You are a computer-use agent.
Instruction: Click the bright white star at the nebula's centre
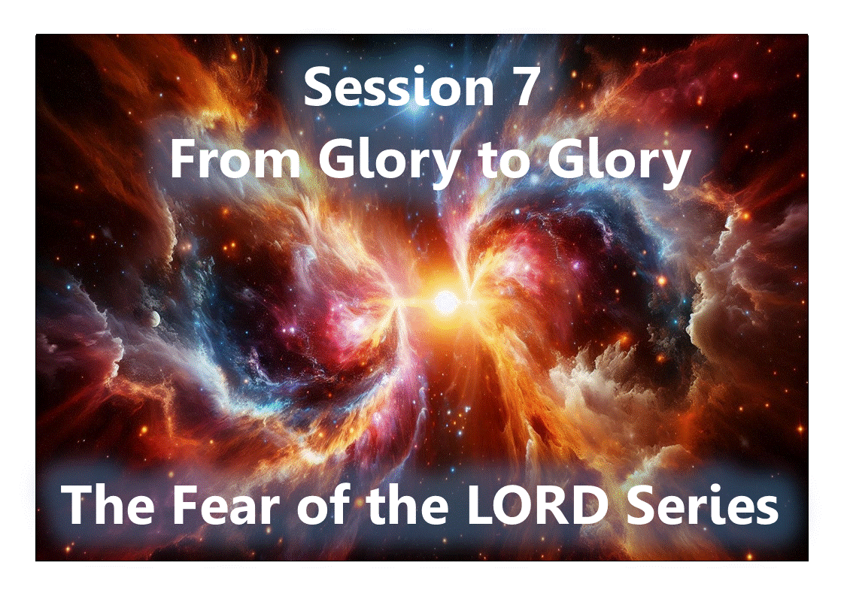click(445, 302)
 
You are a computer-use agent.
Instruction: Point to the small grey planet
click(154, 319)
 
